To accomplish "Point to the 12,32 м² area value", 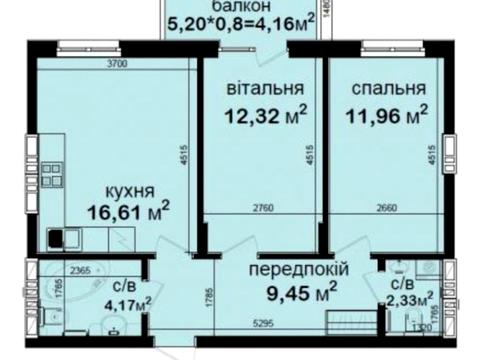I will coord(263,115).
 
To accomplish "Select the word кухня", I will coord(132,190).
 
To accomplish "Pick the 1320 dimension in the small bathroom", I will coord(423,326).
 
